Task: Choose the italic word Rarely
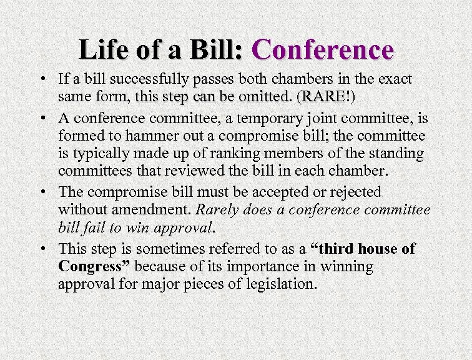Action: pos(214,209)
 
